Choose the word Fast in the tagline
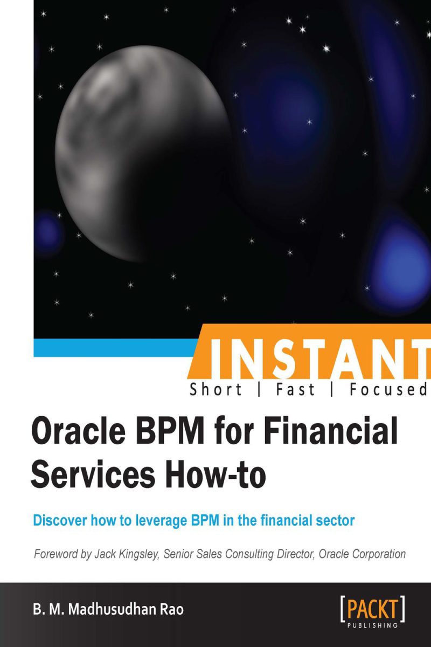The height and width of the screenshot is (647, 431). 295,389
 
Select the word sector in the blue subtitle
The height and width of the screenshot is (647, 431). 335,521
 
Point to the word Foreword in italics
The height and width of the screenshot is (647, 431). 57,554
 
